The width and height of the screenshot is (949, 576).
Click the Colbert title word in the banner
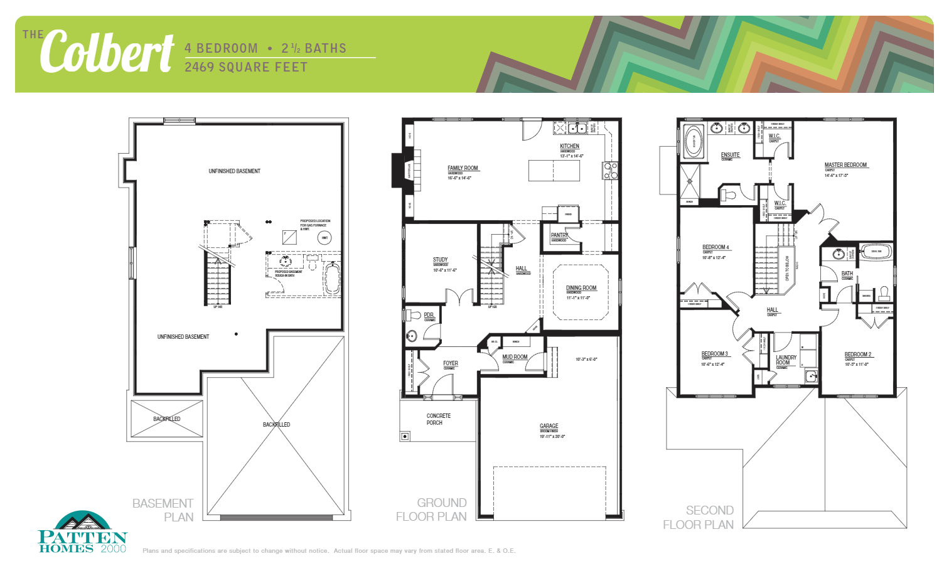click(107, 51)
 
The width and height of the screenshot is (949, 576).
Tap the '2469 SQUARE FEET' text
click(246, 67)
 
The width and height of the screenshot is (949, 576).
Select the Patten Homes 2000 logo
click(82, 533)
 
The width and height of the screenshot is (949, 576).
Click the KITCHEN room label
click(569, 146)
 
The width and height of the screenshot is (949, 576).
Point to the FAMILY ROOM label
click(463, 168)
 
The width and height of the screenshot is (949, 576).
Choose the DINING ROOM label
click(581, 288)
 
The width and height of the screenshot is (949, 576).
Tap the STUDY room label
click(440, 260)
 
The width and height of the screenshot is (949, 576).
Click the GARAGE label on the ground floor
click(549, 426)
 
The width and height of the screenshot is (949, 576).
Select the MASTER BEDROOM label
click(845, 165)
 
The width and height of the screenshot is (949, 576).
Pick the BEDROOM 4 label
click(716, 247)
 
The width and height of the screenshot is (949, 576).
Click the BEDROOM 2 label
click(857, 355)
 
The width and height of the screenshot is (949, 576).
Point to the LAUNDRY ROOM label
click(785, 360)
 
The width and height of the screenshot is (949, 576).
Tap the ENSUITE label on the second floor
click(730, 155)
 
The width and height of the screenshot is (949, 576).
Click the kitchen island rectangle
click(554, 171)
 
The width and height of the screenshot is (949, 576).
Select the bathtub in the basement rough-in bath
click(332, 279)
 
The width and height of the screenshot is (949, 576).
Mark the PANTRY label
click(559, 235)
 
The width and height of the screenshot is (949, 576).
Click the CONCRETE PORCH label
click(438, 419)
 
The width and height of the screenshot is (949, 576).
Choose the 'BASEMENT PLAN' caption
click(163, 510)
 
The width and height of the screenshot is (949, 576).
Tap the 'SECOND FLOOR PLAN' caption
click(699, 518)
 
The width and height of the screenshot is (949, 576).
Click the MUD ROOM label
click(515, 357)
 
